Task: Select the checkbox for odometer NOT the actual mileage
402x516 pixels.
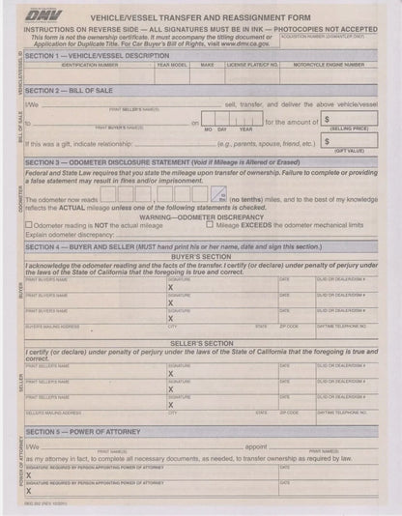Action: [x=29, y=224]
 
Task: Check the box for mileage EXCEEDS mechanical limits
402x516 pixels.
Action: [x=210, y=224]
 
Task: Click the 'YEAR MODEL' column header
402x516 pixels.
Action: [x=172, y=65]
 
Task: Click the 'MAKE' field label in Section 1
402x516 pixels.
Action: [x=207, y=65]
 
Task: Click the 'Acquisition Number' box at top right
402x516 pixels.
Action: [x=339, y=41]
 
